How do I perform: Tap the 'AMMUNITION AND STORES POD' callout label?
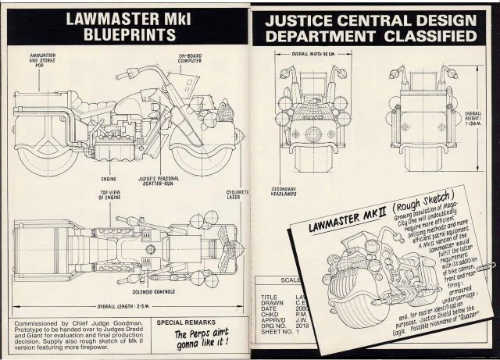coord(42,58)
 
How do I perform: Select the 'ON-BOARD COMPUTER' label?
coord(191,59)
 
